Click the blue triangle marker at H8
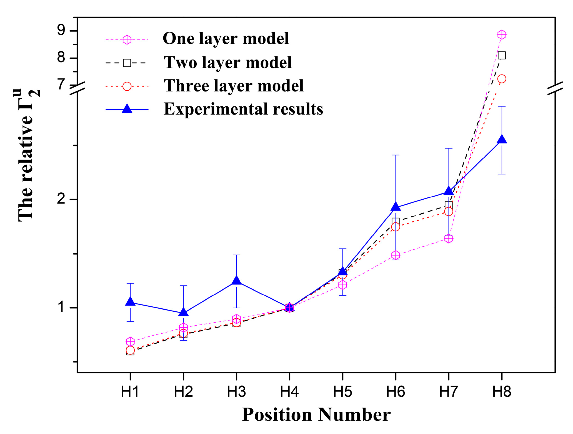(x=502, y=140)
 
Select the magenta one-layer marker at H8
(x=502, y=35)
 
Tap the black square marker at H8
(x=502, y=55)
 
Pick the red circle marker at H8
(x=502, y=79)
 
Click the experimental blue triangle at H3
(x=236, y=281)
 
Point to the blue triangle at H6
(x=396, y=207)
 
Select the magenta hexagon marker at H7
(x=449, y=238)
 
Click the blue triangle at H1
(x=130, y=302)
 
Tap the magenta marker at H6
(x=396, y=255)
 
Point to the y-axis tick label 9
(x=61, y=30)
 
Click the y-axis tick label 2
(x=61, y=199)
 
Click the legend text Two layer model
(x=228, y=62)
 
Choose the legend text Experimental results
(x=243, y=109)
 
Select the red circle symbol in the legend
(x=127, y=86)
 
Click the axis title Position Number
(x=316, y=415)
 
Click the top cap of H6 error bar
(x=396, y=155)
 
